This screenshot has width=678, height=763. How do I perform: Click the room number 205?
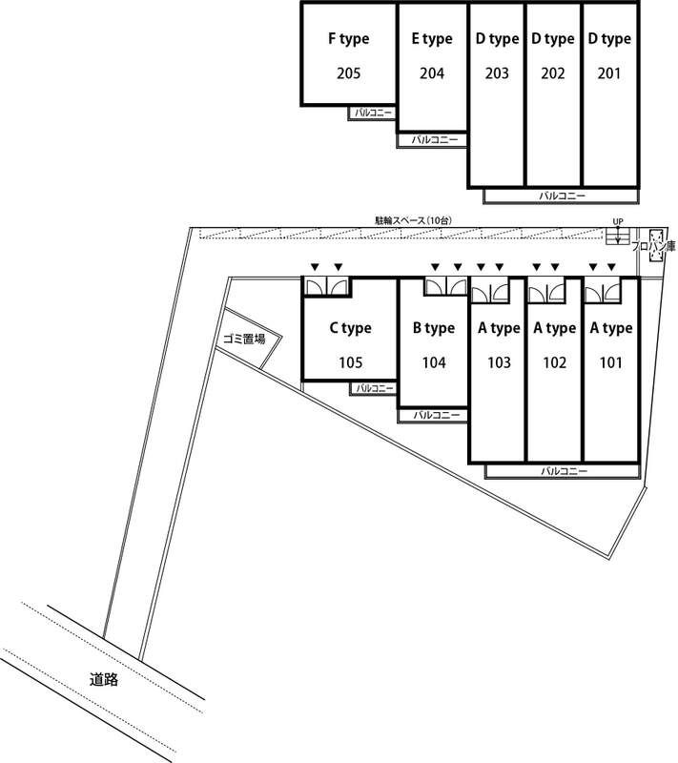click(348, 73)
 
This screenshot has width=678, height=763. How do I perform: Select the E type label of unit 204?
click(431, 39)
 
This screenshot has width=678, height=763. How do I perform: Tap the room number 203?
click(496, 73)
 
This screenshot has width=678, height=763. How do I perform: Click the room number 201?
click(609, 73)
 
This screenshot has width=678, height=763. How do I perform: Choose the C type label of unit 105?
click(350, 329)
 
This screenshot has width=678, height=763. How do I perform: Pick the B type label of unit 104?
click(433, 329)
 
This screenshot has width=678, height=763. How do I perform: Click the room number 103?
click(498, 362)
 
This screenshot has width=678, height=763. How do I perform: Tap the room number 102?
click(554, 362)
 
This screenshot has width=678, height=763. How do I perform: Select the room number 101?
click(610, 362)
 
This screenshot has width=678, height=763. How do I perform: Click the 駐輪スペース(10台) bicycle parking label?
click(413, 221)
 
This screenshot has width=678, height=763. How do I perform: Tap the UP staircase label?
click(618, 222)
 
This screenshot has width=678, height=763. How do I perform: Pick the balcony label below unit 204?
click(434, 140)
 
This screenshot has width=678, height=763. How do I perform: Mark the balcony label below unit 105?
click(374, 388)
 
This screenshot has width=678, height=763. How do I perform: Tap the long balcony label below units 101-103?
click(563, 471)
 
